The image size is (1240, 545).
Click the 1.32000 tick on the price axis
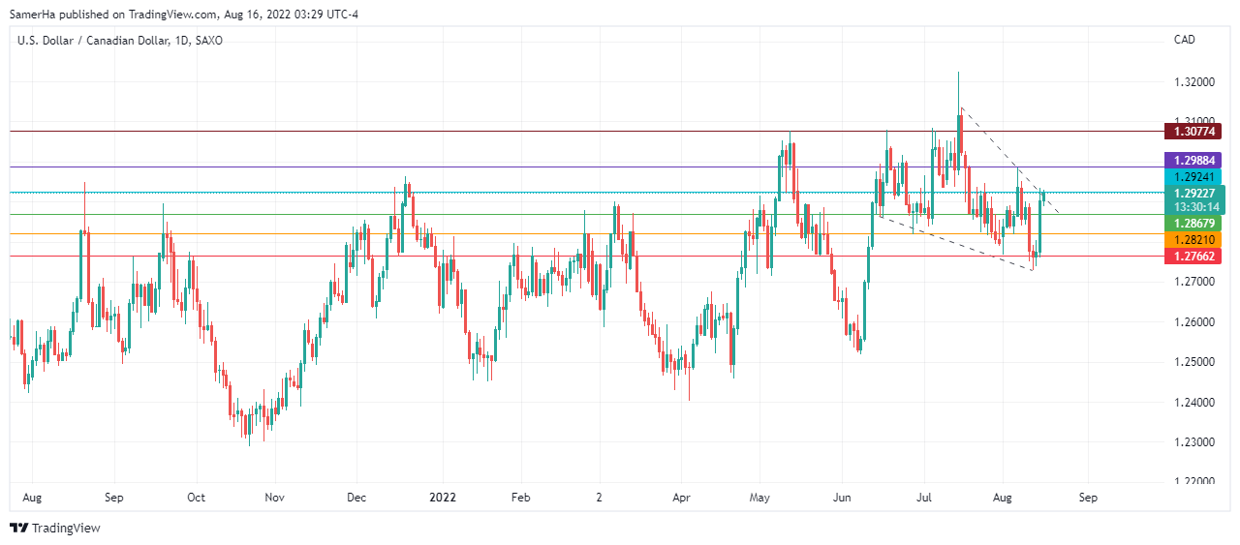point(1193,83)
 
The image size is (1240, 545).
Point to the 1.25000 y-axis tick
point(1193,362)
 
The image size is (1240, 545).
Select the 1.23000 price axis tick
point(1193,442)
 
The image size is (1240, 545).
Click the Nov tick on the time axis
point(274,498)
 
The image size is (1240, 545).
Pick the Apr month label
point(680,498)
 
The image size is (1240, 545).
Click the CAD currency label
point(1184,40)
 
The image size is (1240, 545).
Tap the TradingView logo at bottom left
point(55,528)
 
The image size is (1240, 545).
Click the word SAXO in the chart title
point(208,41)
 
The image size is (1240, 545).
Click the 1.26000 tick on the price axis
point(1193,322)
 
